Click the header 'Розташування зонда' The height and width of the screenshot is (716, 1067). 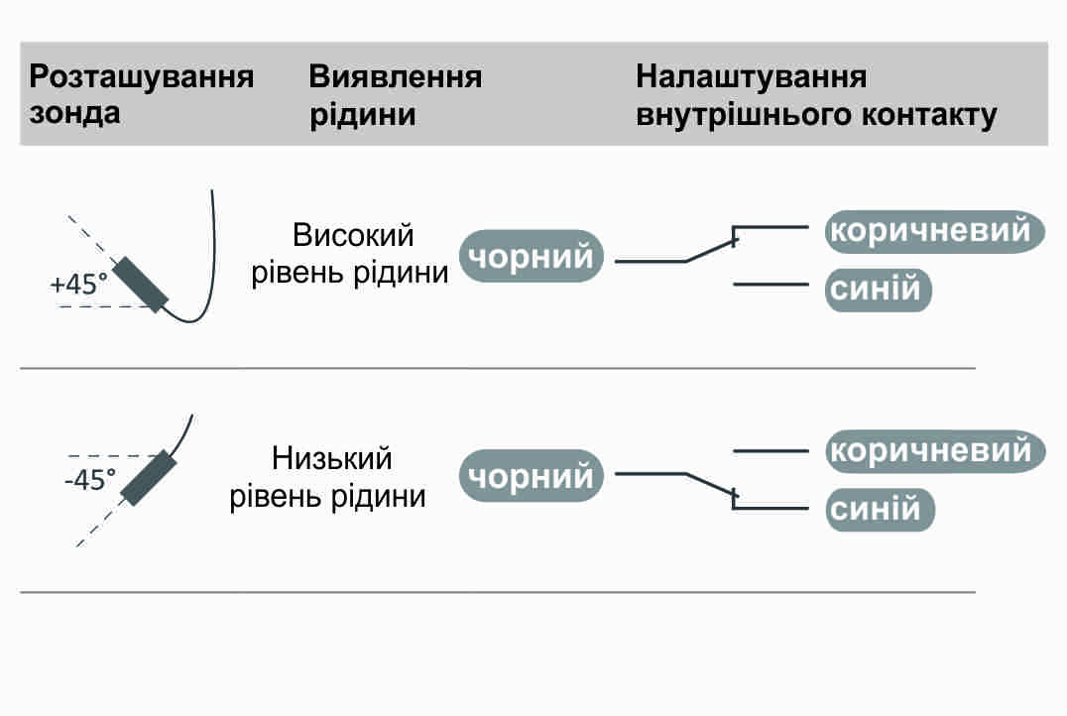click(x=142, y=94)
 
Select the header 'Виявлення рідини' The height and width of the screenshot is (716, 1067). click(x=395, y=94)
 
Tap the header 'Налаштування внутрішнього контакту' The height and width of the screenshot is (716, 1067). click(x=816, y=94)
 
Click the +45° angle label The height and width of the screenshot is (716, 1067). click(x=78, y=285)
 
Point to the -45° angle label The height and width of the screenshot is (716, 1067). click(x=89, y=480)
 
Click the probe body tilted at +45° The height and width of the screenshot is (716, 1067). click(x=141, y=285)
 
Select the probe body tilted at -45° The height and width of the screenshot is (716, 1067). click(x=148, y=478)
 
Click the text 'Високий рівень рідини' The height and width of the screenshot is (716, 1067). click(x=351, y=254)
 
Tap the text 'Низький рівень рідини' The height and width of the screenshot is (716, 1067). click(x=330, y=478)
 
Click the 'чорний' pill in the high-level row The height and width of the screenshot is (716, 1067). click(x=532, y=258)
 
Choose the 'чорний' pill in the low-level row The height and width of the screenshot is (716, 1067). click(x=532, y=477)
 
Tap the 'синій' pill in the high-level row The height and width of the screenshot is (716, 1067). click(x=879, y=291)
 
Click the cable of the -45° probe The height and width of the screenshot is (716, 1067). click(x=183, y=433)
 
